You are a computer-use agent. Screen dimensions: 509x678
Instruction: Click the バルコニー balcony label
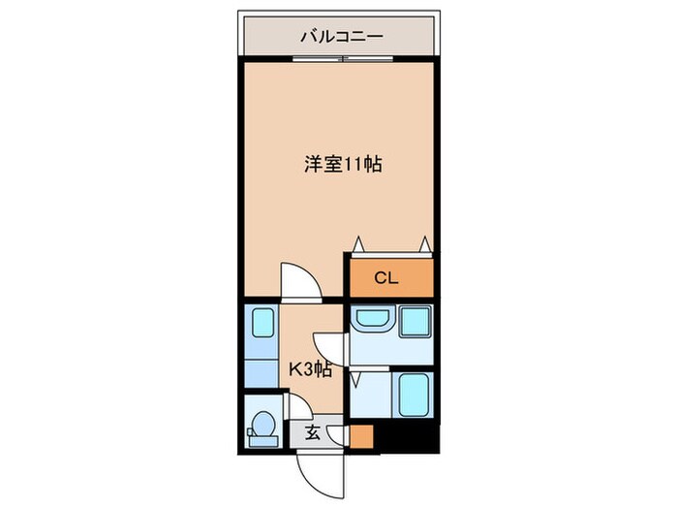[x=341, y=37]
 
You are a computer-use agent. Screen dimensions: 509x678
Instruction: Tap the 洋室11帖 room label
[x=343, y=164]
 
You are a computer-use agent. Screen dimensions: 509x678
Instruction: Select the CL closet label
[x=386, y=279]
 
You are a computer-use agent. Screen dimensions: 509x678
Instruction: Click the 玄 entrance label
[x=314, y=432]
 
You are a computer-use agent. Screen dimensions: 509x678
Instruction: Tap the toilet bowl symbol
[x=262, y=426]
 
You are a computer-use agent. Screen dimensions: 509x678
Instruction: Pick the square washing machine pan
[x=415, y=321]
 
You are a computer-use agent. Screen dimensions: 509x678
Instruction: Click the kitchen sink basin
[x=261, y=323]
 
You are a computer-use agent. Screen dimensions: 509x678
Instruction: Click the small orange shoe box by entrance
[x=361, y=435]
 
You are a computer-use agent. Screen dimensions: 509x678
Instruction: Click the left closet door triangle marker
[x=359, y=242]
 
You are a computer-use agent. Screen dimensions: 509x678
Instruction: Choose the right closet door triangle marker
[x=423, y=242]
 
